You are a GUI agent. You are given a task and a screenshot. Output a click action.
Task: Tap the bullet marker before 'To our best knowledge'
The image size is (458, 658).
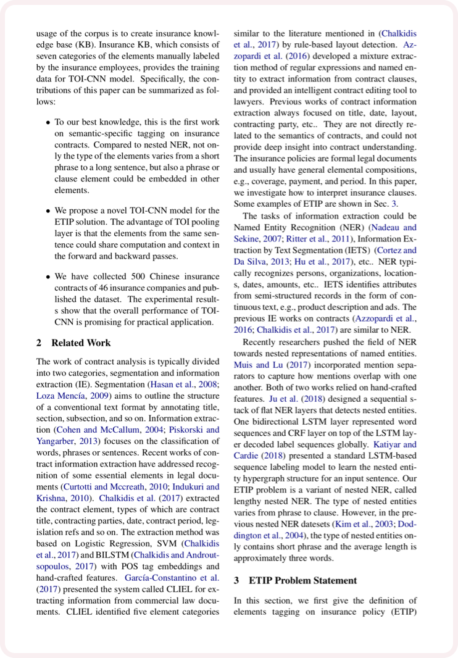pos(48,123)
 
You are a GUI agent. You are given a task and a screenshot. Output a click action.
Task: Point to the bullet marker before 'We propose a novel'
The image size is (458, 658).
pos(48,211)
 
